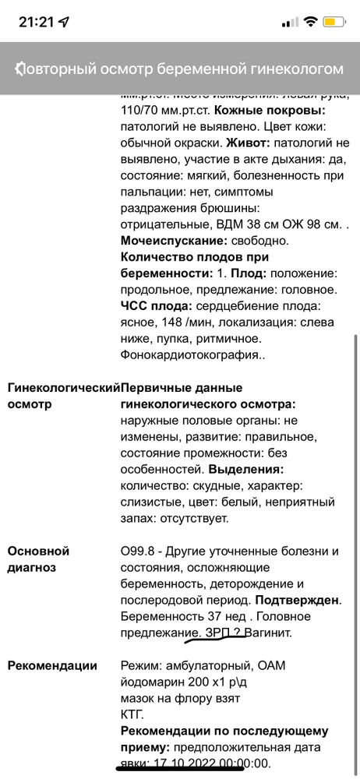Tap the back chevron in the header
tap(19, 69)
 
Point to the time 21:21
tap(35, 22)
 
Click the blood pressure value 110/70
tap(144, 111)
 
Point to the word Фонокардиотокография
tap(192, 354)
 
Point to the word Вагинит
tap(268, 633)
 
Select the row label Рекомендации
tap(53, 665)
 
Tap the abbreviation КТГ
tap(132, 714)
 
